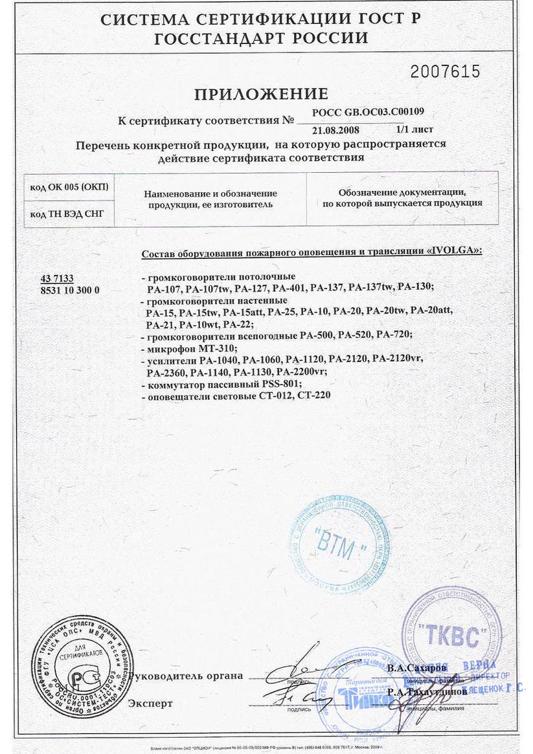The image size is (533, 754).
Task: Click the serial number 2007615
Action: click(x=446, y=71)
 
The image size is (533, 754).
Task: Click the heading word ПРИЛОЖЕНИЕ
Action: click(x=261, y=94)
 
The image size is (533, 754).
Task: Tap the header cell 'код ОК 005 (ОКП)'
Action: click(x=69, y=187)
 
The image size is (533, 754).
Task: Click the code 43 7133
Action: click(x=57, y=278)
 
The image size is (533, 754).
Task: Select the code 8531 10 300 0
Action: click(x=70, y=289)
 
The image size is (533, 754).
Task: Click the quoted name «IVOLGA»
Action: click(x=455, y=250)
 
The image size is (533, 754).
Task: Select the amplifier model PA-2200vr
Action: click(x=301, y=371)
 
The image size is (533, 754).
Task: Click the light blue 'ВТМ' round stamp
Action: click(x=339, y=544)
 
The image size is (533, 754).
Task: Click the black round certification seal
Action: click(x=81, y=667)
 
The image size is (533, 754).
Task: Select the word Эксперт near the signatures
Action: click(x=150, y=703)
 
